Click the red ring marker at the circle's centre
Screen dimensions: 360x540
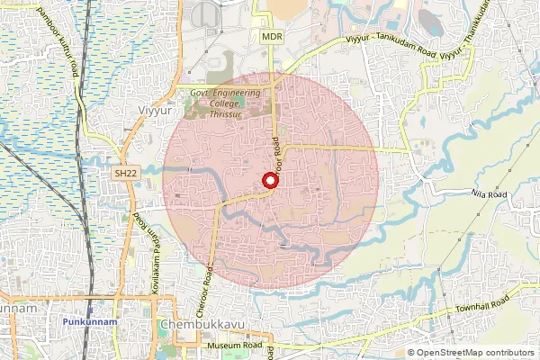coord(268,181)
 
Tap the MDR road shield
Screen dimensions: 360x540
coord(272,37)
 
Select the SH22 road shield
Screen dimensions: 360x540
coord(125,172)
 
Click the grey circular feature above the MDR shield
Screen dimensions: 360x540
coord(206,12)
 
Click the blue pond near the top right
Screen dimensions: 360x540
coord(430,23)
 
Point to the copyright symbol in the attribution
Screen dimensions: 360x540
coord(411,353)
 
